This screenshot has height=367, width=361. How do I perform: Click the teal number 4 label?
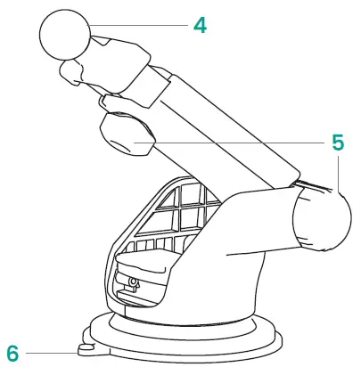pyautogui.click(x=200, y=26)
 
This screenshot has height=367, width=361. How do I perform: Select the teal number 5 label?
pyautogui.click(x=338, y=142)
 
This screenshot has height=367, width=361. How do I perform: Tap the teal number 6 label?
pyautogui.click(x=12, y=351)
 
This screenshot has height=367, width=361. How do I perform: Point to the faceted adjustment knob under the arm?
pyautogui.click(x=126, y=135)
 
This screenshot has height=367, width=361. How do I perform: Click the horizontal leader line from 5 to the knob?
pyautogui.click(x=232, y=142)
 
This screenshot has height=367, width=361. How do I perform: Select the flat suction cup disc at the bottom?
pyautogui.click(x=187, y=343)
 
